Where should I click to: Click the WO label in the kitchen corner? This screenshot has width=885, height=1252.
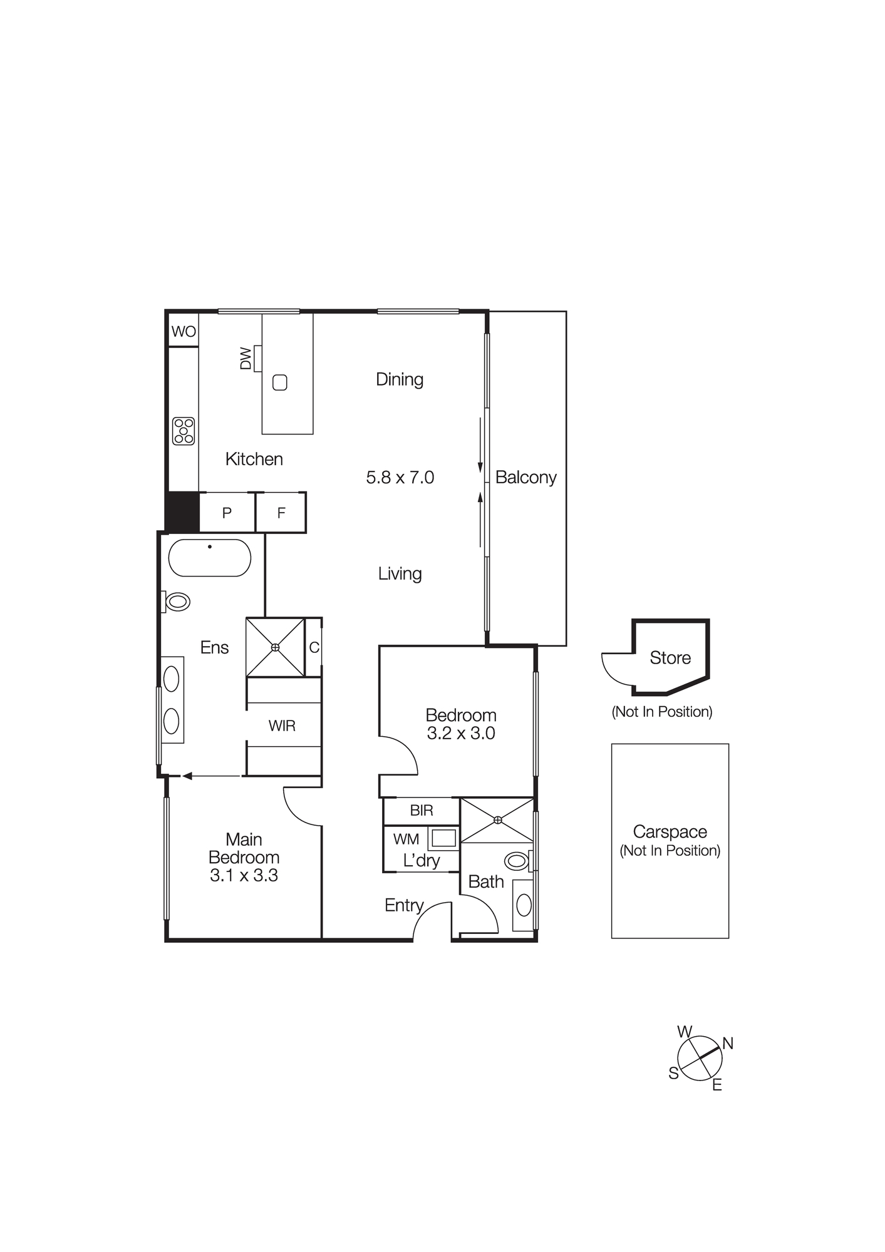[x=184, y=332]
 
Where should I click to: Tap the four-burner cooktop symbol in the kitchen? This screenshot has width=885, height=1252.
[x=184, y=431]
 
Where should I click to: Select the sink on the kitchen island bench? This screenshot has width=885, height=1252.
[x=280, y=382]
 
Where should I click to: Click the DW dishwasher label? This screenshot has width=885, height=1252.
[x=246, y=359]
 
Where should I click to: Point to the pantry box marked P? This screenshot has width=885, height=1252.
[x=227, y=513]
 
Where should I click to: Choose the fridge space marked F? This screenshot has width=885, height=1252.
[x=281, y=513]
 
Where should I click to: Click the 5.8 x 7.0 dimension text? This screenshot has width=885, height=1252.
[x=400, y=478]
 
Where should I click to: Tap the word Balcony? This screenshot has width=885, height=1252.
[x=525, y=478]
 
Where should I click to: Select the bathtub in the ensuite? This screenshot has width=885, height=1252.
[x=210, y=557]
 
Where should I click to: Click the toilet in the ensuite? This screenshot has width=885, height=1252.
[x=177, y=602]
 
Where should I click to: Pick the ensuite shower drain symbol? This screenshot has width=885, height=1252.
[x=275, y=647]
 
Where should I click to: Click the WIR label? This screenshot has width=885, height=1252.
[x=282, y=726]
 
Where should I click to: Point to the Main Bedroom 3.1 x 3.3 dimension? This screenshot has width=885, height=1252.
[x=244, y=875]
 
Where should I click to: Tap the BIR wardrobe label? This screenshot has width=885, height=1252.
[x=422, y=811]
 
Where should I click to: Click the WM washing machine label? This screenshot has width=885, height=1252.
[x=406, y=839]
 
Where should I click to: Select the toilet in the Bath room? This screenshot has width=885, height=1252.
[x=517, y=861]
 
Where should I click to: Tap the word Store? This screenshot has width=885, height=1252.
[x=670, y=658]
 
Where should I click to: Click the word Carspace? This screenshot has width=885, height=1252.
[x=670, y=832]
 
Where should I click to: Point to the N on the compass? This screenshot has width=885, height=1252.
[x=727, y=1044]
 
